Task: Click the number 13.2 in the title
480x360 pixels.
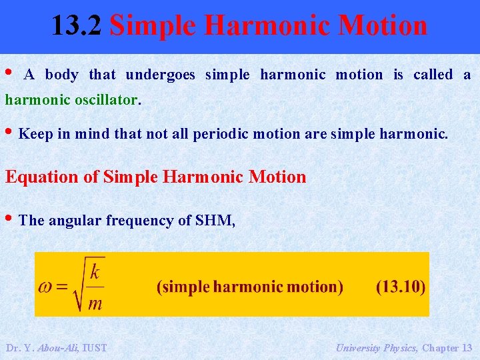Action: (x=77, y=26)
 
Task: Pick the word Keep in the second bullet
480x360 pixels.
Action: (x=36, y=134)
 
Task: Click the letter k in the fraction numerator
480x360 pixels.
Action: (x=95, y=271)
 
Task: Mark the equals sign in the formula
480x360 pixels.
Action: (x=62, y=287)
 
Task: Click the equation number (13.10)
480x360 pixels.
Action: (x=401, y=287)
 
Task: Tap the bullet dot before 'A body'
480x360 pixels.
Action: (x=9, y=72)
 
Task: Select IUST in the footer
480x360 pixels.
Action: (x=94, y=347)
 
